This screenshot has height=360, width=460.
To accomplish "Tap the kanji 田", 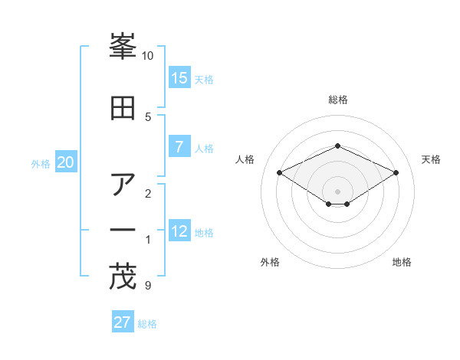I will coord(123,109).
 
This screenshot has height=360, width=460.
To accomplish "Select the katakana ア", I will coord(123,185).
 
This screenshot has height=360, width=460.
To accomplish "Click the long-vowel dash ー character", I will coord(123,230).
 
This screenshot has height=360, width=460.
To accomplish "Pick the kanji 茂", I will coord(123,277).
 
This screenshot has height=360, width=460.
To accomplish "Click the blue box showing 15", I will coord(179,78).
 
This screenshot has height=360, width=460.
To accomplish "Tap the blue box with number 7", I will coord(179,147).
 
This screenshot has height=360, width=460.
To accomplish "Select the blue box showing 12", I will coord(179,231).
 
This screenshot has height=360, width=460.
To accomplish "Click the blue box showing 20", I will coord(66,162).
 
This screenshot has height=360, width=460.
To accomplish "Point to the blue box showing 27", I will coord(123,322).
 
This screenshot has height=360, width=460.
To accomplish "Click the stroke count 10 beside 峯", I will coord(148,56).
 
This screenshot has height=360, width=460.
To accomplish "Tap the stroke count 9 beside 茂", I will coord(148,286).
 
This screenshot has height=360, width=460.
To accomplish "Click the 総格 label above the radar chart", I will coord(338,100).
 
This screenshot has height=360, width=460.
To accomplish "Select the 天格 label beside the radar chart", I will coord(431,159).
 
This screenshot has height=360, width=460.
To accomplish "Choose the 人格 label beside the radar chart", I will coord(245,159).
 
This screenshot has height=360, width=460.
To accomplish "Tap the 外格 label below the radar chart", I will coord(270,262).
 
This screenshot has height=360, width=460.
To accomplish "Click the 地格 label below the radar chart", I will coord(402,262).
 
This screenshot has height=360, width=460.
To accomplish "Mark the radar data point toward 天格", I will coord(396,172).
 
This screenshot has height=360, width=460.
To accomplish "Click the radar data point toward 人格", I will coord(280,172).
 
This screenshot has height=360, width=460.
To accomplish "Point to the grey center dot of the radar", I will coord(338,191).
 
